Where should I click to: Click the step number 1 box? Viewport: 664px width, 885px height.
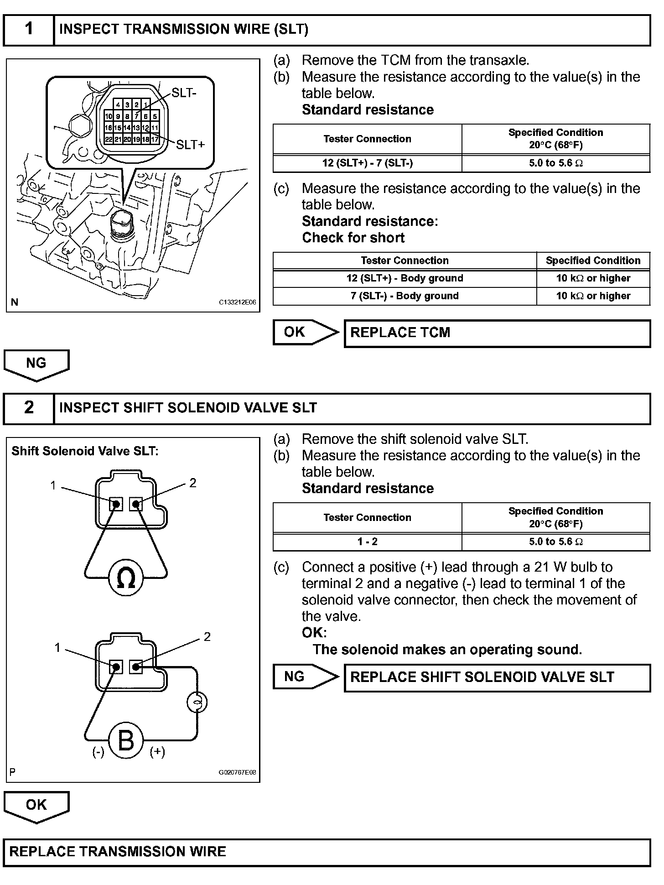29,30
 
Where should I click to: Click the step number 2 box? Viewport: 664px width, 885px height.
29,408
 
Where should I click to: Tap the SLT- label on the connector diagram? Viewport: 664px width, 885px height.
184,93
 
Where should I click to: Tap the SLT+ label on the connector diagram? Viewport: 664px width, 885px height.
191,145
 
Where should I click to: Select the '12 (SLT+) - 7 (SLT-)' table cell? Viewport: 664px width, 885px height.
367,163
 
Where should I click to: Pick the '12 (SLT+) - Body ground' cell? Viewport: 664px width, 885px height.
405,278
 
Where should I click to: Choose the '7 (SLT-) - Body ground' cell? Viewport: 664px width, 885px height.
405,296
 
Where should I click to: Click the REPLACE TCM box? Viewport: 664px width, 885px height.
497,333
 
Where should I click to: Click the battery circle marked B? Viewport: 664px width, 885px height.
126,740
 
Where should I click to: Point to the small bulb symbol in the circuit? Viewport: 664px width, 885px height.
197,703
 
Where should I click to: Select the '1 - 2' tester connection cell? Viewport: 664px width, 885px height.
367,542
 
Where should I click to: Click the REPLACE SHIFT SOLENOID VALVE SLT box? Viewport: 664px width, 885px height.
497,678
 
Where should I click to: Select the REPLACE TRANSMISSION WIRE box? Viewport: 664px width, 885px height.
327,852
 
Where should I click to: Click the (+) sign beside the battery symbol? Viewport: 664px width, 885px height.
157,752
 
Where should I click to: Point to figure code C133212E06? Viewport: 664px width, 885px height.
237,302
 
